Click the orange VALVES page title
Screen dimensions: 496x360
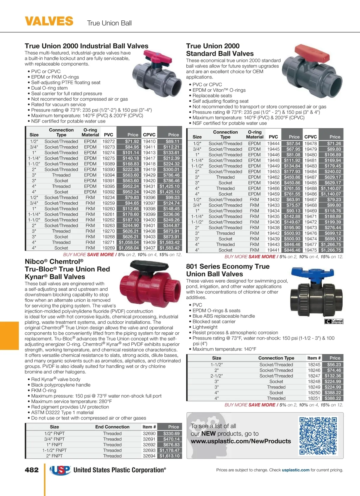click(49, 21)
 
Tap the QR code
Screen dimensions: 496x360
click(318, 436)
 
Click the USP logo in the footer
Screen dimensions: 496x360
click(60, 470)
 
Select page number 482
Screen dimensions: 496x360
click(32, 470)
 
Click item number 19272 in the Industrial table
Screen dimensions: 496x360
click(109, 141)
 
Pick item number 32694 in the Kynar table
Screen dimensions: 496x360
click(149, 456)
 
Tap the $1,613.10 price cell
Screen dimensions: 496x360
click(169, 456)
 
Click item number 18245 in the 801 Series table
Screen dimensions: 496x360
click(314, 365)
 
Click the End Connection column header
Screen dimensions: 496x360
click(112, 427)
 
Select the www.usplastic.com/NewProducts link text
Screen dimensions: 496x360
click(241, 441)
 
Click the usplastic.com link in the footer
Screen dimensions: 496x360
click(295, 470)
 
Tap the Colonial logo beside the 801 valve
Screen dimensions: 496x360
click(334, 322)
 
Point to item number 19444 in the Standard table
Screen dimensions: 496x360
click(273, 144)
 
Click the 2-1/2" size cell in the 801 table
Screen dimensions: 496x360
click(217, 376)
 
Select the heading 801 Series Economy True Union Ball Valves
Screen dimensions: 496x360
click(228, 270)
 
